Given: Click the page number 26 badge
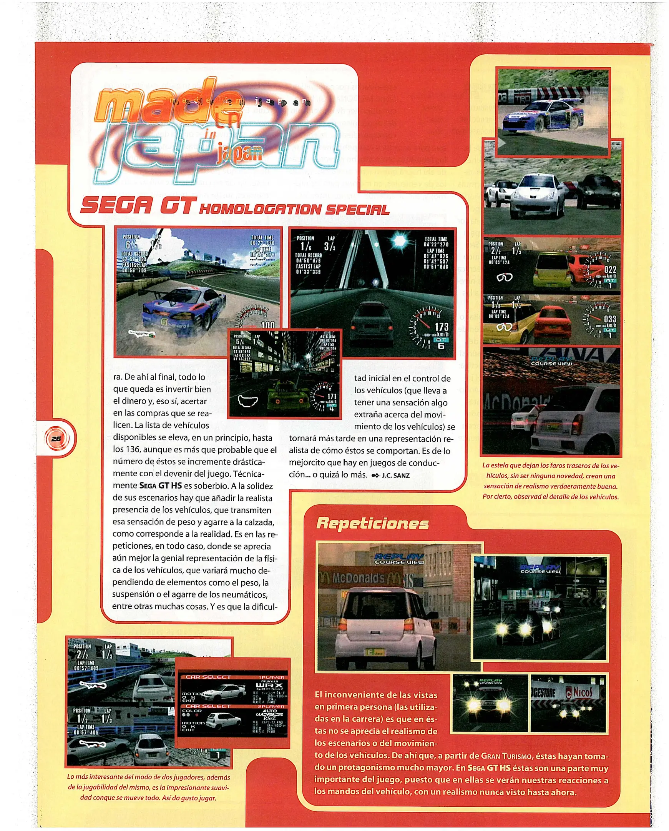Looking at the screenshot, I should coord(56,439).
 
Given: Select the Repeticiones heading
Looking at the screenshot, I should coord(372,524).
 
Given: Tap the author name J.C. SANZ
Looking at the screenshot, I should coord(395,475).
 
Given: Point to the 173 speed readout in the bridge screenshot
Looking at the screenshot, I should coord(441,327).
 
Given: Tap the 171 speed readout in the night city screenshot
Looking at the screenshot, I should coord(332,396).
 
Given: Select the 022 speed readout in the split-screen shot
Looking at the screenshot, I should coord(610,270).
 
